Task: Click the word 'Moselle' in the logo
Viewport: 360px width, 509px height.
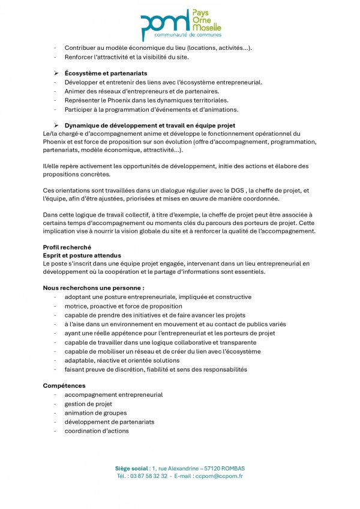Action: click(x=206, y=28)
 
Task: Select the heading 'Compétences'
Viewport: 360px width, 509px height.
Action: click(x=64, y=385)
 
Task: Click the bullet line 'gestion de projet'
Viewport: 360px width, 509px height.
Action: click(x=88, y=404)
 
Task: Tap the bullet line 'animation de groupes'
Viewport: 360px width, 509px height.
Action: click(x=95, y=413)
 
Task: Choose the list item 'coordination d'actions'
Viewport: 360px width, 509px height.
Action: click(x=97, y=431)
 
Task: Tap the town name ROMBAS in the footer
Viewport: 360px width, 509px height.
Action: click(x=231, y=468)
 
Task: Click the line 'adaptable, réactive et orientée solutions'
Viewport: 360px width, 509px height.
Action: click(x=122, y=361)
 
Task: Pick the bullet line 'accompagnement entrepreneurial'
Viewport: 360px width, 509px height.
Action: click(x=113, y=395)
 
